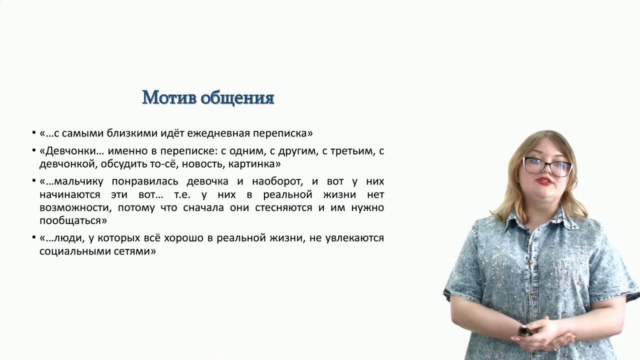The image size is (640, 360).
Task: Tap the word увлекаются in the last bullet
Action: tap(354, 238)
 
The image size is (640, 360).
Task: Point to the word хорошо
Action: tap(182, 238)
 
